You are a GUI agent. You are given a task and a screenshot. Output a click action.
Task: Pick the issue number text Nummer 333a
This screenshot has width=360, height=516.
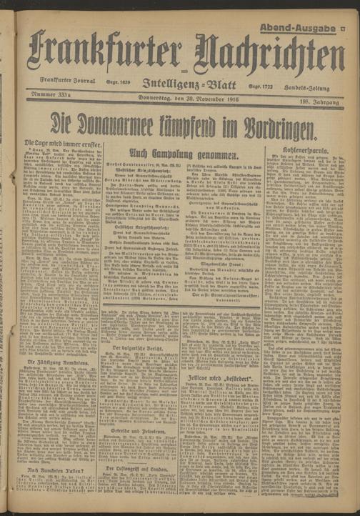click(51, 94)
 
